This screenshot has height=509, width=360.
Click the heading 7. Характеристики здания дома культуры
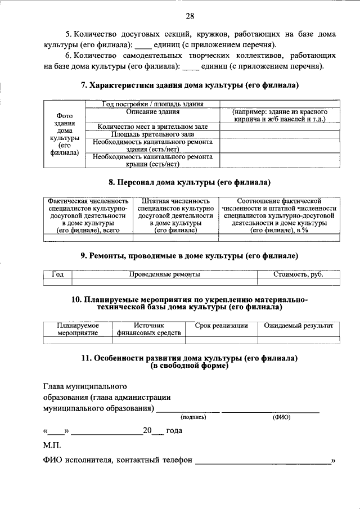pyautogui.click(x=190, y=85)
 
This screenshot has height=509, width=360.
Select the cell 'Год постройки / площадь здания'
pyautogui.click(x=152, y=103)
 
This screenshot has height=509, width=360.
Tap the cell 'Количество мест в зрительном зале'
pyautogui.click(x=152, y=127)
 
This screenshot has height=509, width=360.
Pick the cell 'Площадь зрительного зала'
pyautogui.click(x=152, y=134)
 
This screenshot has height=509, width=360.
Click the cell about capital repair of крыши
pyautogui.click(x=152, y=160)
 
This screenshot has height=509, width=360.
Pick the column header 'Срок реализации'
pyautogui.click(x=221, y=326)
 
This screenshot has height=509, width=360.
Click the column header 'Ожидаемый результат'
pyautogui.click(x=299, y=326)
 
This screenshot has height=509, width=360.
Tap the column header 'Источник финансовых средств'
pyautogui.click(x=149, y=329)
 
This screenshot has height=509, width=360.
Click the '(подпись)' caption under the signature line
pyautogui.click(x=193, y=418)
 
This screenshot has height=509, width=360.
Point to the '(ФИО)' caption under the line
pyautogui.click(x=280, y=418)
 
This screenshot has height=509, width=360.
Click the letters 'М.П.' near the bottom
pyautogui.click(x=51, y=445)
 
